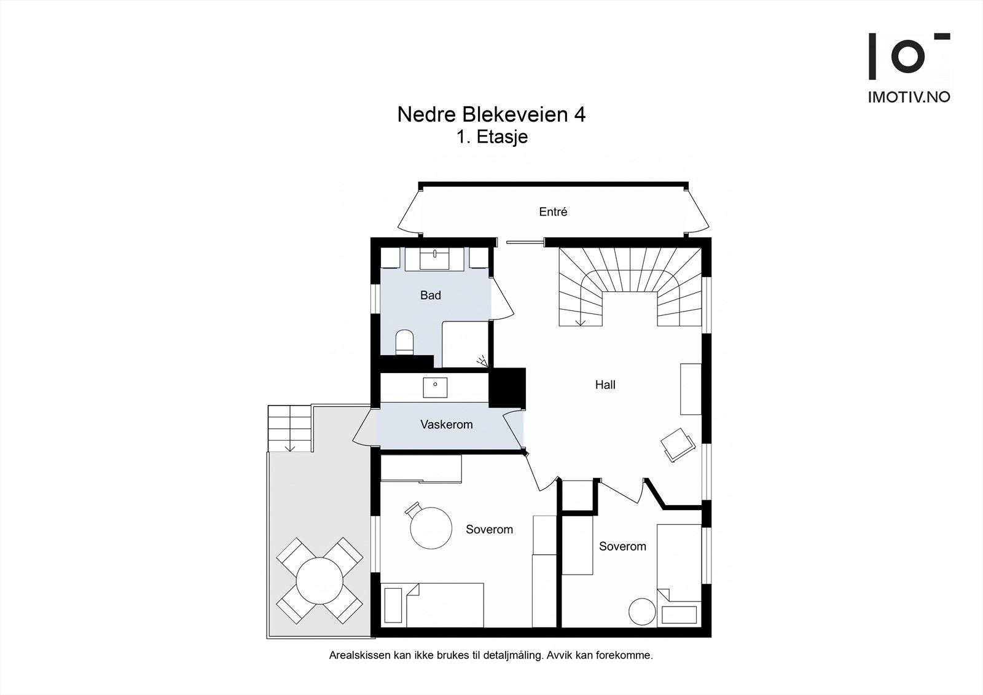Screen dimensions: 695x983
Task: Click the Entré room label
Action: pos(553,211)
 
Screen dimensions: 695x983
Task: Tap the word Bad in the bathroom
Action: pos(430,295)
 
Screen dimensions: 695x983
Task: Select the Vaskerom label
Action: pos(446,425)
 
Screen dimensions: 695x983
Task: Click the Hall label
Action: pos(605,385)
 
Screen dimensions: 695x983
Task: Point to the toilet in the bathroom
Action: pos(404,342)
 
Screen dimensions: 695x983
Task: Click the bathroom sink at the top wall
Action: pos(436,258)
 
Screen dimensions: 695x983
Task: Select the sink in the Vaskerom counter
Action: pos(435,387)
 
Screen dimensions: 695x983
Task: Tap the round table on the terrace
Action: pos(319,581)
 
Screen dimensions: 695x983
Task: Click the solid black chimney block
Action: pos(507,387)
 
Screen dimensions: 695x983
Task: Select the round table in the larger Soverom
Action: pos(431,527)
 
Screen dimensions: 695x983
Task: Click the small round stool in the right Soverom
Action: pos(643,612)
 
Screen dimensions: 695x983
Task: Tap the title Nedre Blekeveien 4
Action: pos(491,115)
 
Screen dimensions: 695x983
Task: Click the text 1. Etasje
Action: pos(491,136)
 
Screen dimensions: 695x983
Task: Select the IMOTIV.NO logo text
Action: pos(908,97)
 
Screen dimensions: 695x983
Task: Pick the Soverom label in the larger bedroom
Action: pos(489,529)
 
